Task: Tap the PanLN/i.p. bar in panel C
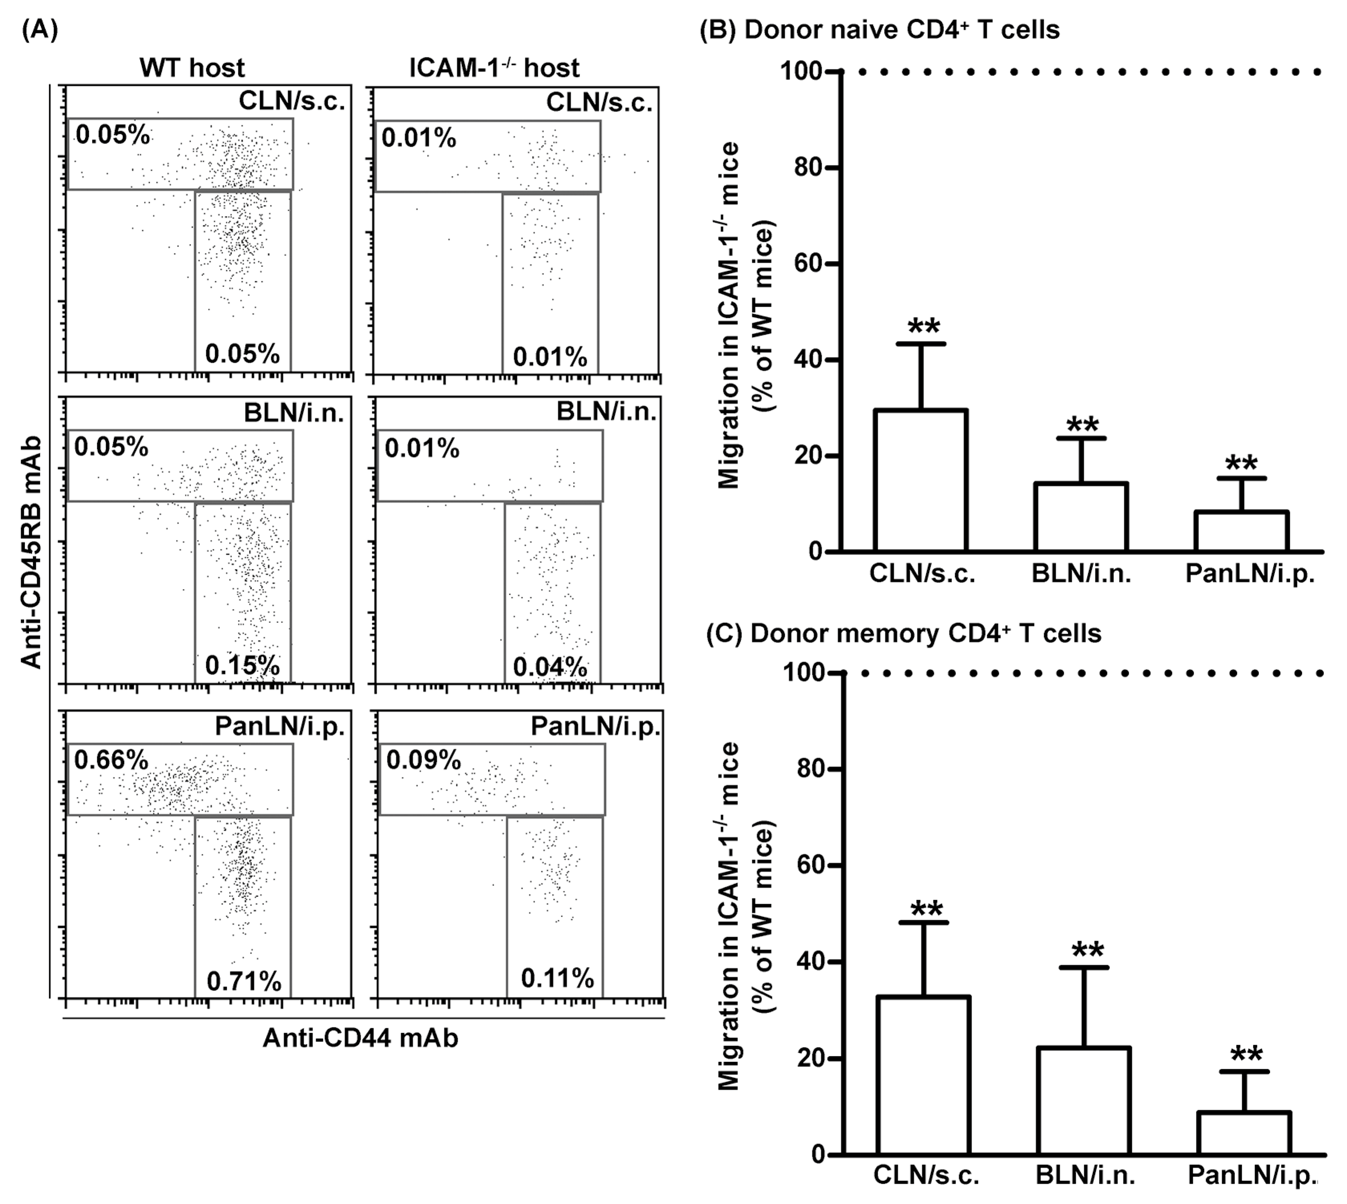tap(1244, 1133)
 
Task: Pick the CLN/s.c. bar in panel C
tap(923, 1076)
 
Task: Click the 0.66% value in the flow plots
tap(111, 760)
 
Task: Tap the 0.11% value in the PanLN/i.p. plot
tap(557, 978)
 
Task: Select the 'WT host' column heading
tap(192, 68)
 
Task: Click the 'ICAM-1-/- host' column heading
tap(494, 68)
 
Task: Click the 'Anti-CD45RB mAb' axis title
tap(31, 552)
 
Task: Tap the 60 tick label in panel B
tap(808, 264)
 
